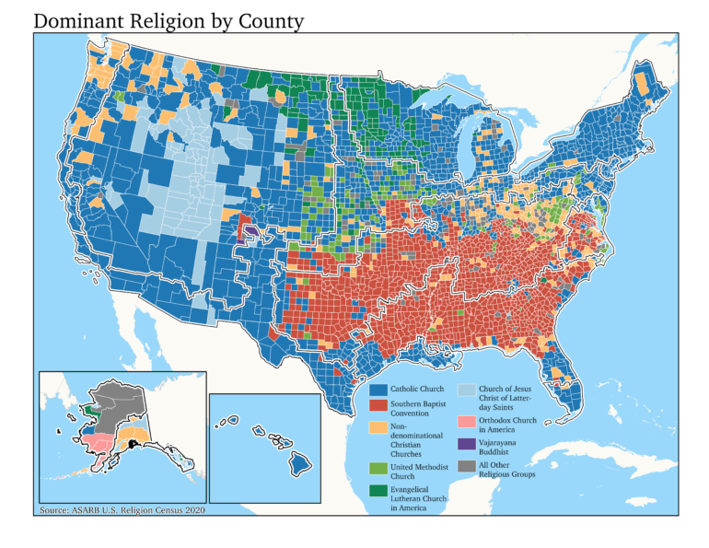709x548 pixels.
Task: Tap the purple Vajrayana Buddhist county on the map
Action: (250, 227)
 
